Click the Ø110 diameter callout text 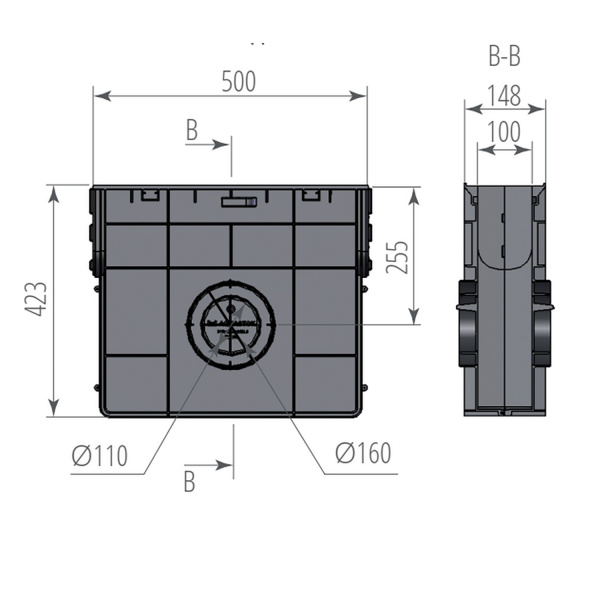[100, 456]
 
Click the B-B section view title [503, 57]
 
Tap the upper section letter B [192, 131]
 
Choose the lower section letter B [189, 481]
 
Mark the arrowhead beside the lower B [226, 465]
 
